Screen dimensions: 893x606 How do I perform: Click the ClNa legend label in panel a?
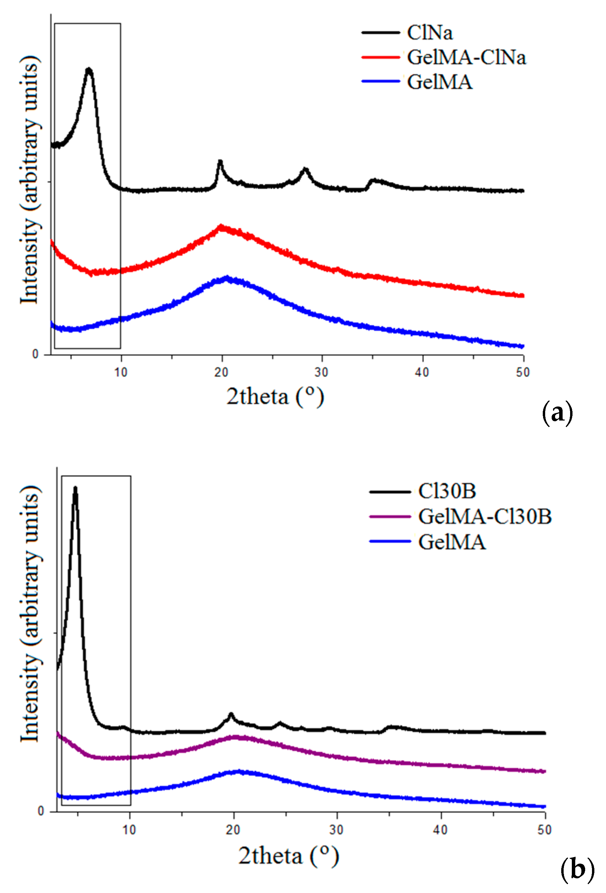(430, 33)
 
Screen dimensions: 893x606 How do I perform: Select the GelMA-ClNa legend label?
(466, 58)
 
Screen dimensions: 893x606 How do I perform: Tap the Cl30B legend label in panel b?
(447, 492)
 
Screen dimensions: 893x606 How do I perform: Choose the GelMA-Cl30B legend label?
(485, 517)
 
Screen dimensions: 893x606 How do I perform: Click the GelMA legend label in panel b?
(452, 542)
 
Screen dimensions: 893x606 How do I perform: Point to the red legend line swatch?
(380, 58)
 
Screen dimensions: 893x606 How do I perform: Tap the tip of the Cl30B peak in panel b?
(75, 488)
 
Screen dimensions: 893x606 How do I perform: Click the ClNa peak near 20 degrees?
(220, 161)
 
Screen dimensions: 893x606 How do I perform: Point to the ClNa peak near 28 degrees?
(305, 169)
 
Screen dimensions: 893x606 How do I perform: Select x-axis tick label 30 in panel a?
(321, 372)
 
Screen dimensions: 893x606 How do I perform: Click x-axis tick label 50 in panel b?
(544, 830)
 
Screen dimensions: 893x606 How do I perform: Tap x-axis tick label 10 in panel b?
(129, 830)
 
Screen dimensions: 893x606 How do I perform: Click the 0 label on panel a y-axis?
(36, 354)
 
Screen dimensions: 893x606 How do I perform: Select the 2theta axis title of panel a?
(275, 397)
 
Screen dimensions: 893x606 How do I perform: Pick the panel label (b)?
(577, 870)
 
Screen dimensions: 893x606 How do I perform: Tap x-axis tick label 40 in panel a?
(422, 372)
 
